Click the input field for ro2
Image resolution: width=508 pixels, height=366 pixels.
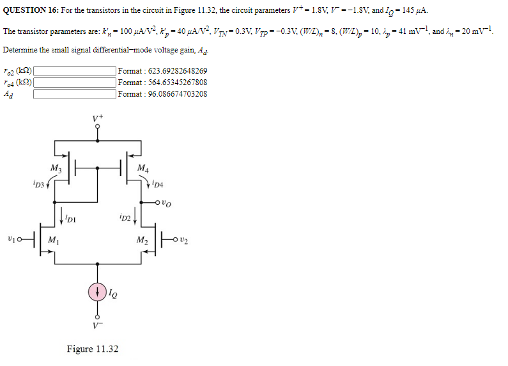point(75,71)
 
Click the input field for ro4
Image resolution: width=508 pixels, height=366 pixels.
point(75,83)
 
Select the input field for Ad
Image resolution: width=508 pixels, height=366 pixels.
point(75,94)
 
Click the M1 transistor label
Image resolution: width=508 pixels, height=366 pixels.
point(54,241)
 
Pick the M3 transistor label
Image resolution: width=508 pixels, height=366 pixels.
point(56,168)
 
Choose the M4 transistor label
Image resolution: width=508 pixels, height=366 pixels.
point(142,168)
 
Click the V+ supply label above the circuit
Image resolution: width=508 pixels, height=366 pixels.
point(97,118)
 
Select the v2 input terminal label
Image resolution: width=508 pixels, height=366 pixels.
point(185,240)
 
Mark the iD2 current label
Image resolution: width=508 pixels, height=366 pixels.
point(126,219)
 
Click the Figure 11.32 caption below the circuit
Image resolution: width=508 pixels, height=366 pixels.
point(93,349)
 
